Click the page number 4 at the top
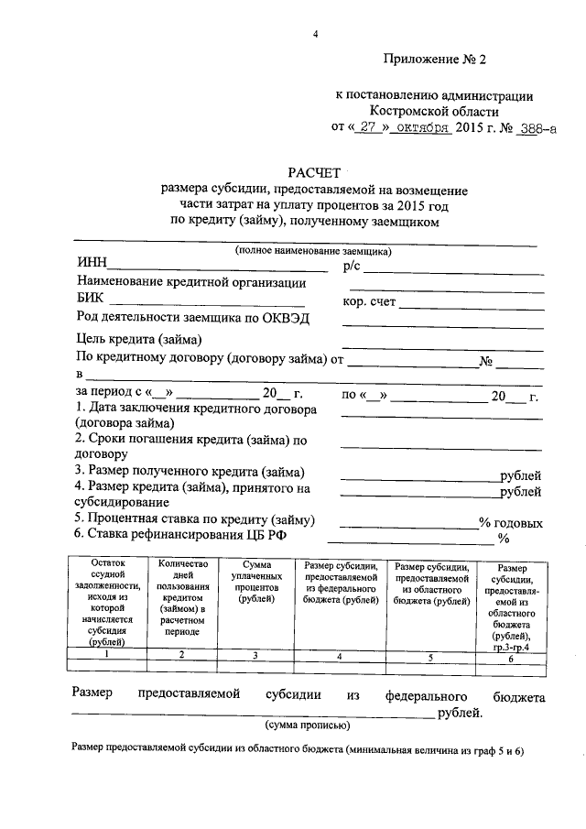tap(314, 35)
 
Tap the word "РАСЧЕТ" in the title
tap(314, 172)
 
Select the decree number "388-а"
tap(536, 129)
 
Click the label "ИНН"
tap(92, 266)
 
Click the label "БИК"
tap(92, 299)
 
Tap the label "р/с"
tap(353, 266)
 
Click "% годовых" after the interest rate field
tap(510, 522)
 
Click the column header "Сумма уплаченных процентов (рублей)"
tap(255, 583)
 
